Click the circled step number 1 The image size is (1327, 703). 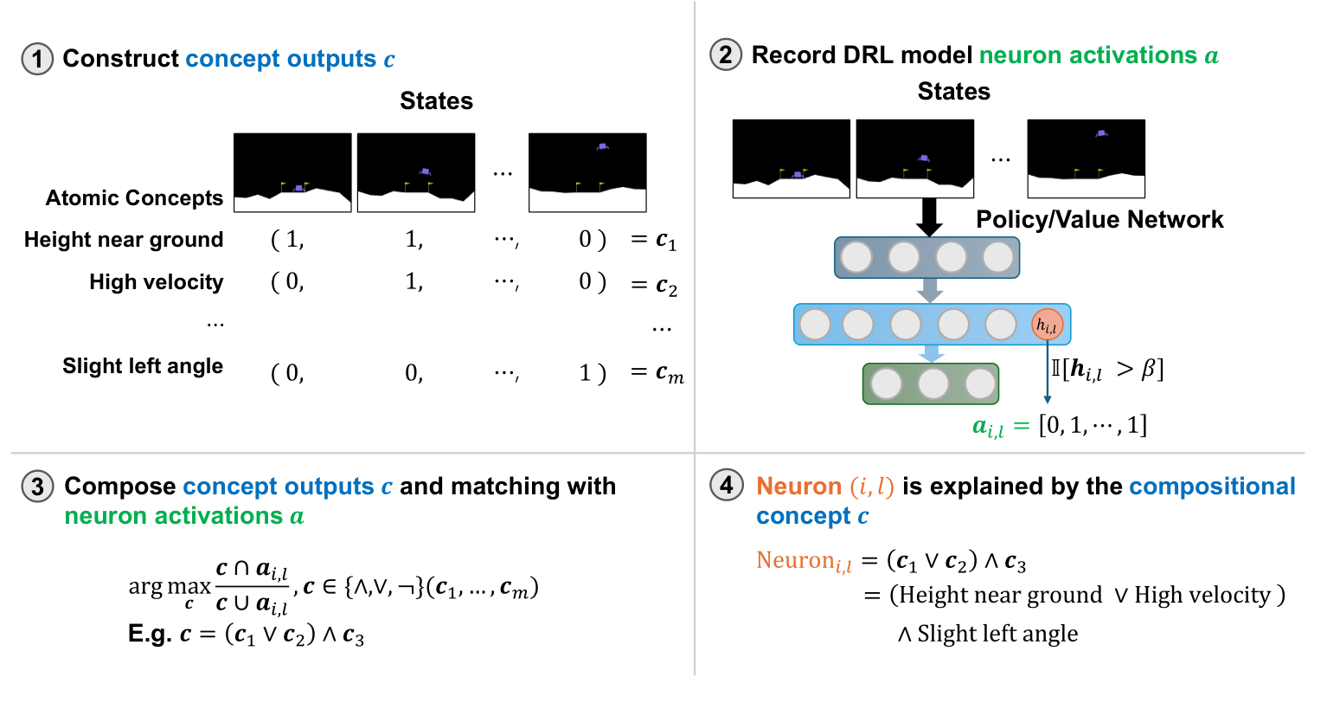tap(36, 59)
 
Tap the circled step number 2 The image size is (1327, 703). tap(725, 55)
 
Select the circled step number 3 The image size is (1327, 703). tap(37, 487)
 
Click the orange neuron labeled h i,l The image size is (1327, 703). tap(1047, 325)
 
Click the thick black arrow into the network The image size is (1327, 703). tap(929, 217)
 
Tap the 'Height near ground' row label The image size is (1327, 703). tap(124, 240)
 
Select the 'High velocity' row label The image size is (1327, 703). tap(156, 282)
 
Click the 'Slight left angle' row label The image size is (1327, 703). tap(143, 366)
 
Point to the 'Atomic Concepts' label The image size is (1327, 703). tap(134, 198)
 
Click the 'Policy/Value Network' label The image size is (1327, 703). tap(1099, 220)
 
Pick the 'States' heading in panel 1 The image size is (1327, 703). tap(436, 101)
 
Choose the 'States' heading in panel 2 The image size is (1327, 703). tap(953, 92)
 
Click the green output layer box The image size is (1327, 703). tap(931, 384)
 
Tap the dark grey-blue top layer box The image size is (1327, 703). tap(926, 257)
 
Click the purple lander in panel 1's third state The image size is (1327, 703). tap(602, 146)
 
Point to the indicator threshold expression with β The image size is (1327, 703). tap(1106, 370)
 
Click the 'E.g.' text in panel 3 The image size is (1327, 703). tap(150, 634)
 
